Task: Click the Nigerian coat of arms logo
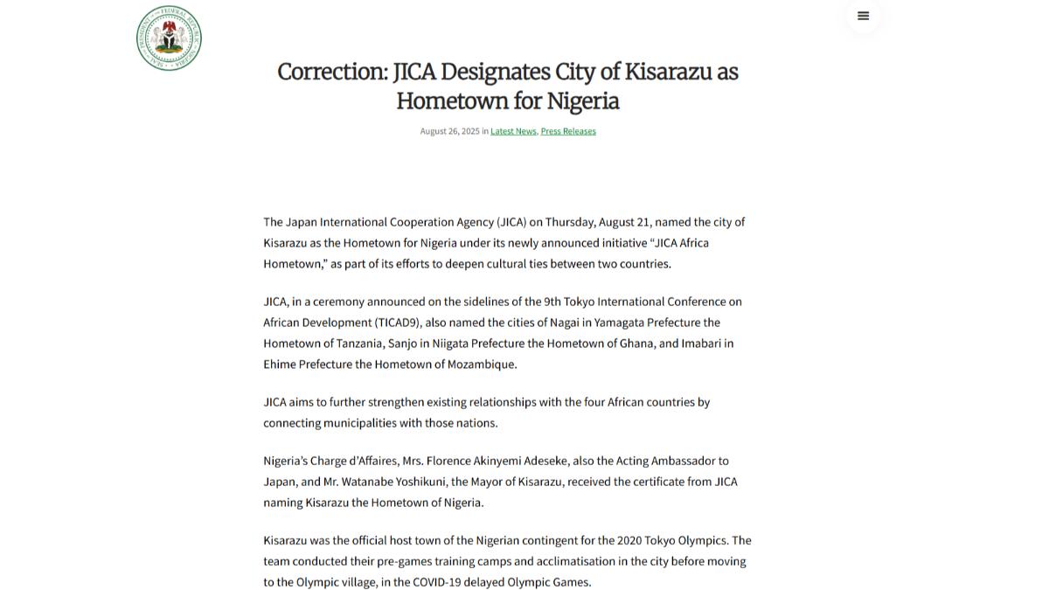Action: (x=169, y=38)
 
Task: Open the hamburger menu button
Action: (x=863, y=16)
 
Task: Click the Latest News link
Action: (x=513, y=131)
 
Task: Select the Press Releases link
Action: (x=568, y=131)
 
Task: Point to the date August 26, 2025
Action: (x=449, y=131)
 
